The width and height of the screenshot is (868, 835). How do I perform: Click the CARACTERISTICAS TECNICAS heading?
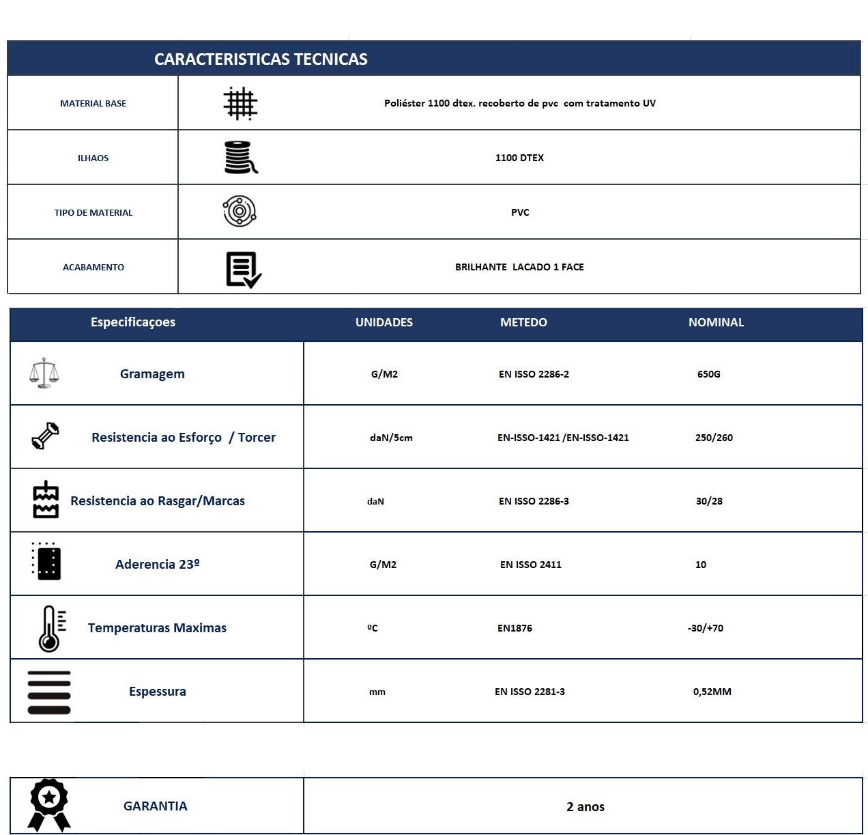(x=261, y=59)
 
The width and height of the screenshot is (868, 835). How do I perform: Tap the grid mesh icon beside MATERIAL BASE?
(x=240, y=104)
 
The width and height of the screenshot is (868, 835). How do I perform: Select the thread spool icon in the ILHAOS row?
(x=241, y=158)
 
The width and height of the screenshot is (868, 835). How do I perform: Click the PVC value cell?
(x=520, y=212)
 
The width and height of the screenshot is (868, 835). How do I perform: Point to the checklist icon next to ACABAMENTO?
(x=244, y=269)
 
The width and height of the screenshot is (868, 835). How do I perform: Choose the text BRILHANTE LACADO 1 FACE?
(x=519, y=267)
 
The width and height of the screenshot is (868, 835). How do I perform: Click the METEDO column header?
(x=523, y=322)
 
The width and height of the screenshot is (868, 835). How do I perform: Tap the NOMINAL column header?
(x=716, y=322)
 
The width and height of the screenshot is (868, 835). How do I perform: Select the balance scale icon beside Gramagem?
(x=44, y=373)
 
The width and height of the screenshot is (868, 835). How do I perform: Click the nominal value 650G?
(x=709, y=374)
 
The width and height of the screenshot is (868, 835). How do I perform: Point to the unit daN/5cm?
(x=391, y=438)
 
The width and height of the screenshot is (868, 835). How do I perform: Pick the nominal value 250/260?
(x=714, y=438)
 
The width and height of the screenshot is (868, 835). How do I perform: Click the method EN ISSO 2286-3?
(x=534, y=501)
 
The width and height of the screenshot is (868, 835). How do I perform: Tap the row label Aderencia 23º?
(x=158, y=565)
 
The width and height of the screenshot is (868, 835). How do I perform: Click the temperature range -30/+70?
(x=706, y=628)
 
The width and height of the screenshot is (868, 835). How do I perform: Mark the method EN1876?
(x=515, y=628)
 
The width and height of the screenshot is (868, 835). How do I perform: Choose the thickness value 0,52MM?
(x=712, y=692)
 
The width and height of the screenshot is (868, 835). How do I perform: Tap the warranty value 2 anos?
(x=585, y=807)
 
